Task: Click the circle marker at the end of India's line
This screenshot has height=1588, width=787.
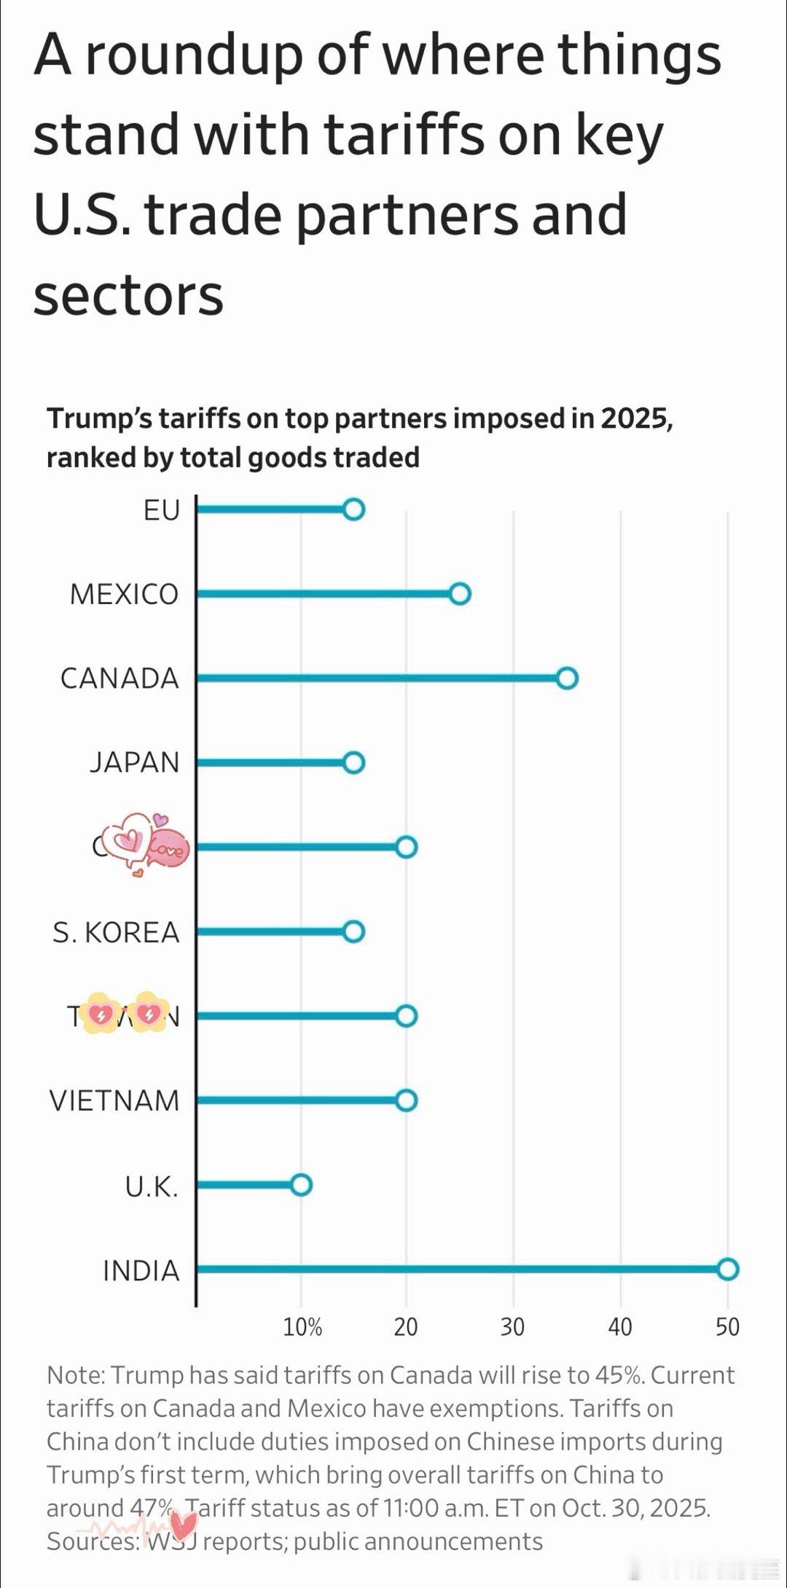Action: coord(728,1269)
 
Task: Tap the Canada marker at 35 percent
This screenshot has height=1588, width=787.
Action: coord(568,678)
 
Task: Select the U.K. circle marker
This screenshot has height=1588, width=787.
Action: coord(301,1185)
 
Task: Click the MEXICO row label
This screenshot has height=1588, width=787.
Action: coord(124,595)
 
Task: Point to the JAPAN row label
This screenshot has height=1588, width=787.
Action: coord(134,763)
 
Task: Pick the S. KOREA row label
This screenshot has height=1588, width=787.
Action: coord(115,932)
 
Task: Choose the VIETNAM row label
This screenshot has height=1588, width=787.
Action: coord(114,1100)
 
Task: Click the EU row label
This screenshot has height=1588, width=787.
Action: coord(161,510)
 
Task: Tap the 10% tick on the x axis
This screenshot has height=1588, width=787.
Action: coord(302,1327)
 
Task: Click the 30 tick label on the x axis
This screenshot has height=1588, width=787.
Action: coord(512,1327)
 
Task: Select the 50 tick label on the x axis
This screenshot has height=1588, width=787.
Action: coord(727,1327)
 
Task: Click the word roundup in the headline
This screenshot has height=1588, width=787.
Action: coord(193,57)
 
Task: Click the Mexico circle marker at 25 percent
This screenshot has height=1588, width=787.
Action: coord(459,594)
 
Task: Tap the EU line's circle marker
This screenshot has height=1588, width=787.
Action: coord(353,509)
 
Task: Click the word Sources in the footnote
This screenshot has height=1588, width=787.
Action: coord(93,1541)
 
